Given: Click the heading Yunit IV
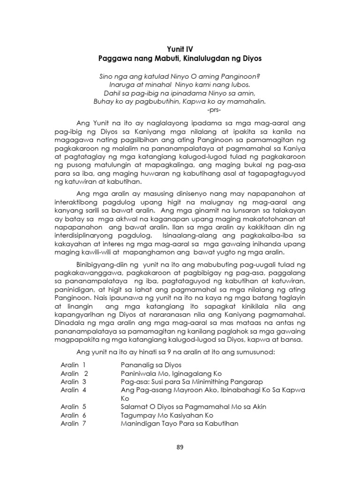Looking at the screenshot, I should point(180,49).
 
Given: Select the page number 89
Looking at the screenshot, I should point(180,447).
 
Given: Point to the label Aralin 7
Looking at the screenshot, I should point(74,424).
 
